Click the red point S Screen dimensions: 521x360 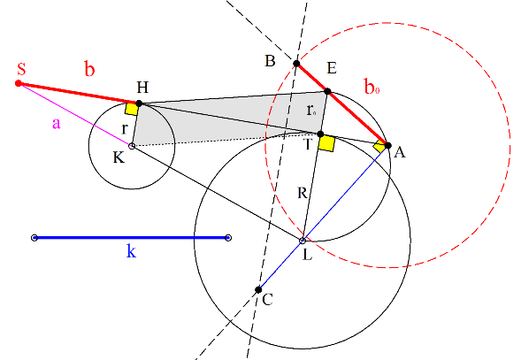(x=19, y=83)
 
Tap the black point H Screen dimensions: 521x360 (x=139, y=103)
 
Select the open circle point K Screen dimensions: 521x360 (x=132, y=146)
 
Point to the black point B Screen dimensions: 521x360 (x=296, y=64)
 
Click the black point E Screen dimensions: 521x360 (x=327, y=91)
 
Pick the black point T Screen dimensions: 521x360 (x=320, y=134)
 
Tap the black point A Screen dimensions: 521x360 (x=387, y=145)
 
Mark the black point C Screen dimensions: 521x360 (x=258, y=290)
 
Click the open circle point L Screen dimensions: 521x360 (x=303, y=240)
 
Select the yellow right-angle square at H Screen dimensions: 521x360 (x=132, y=109)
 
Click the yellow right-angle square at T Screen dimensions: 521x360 (x=326, y=143)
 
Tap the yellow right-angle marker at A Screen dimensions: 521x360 (x=379, y=146)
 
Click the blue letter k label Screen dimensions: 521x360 (x=131, y=250)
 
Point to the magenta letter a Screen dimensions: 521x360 (x=57, y=124)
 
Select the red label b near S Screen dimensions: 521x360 (x=89, y=69)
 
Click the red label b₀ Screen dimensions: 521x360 (x=372, y=87)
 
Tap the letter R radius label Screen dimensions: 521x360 (x=303, y=193)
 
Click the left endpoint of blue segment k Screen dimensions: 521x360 (x=34, y=238)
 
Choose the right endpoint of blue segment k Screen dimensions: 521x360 (x=228, y=238)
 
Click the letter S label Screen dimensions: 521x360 (x=21, y=68)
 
